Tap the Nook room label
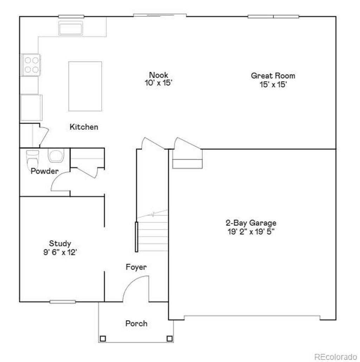coord(159,75)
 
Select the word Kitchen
coord(84,127)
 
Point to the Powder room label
coord(44,171)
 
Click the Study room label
coord(60,243)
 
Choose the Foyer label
coord(136,267)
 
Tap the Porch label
coord(136,323)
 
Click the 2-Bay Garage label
coord(251,223)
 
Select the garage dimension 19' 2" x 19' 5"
coord(251,232)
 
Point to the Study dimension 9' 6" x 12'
coord(60,252)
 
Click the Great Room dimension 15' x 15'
coord(273,84)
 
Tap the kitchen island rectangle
coord(85,86)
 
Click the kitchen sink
coord(71,28)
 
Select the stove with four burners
coord(31,65)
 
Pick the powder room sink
coord(56,155)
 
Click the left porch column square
coord(102,339)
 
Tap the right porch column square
coord(169,339)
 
